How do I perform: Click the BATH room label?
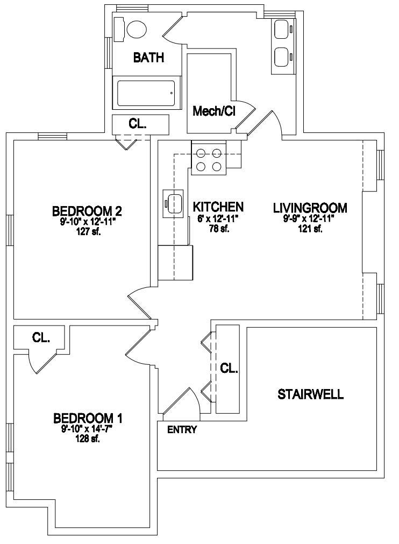coord(148,58)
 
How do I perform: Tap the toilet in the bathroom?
coord(131,29)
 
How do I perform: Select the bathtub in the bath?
coord(146,94)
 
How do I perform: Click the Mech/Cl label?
coord(214,111)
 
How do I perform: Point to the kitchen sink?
coord(173,203)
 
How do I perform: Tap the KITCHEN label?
coord(218,207)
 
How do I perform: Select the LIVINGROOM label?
coord(310,208)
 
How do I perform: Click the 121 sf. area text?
coord(310,229)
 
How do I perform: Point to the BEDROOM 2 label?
coord(87,211)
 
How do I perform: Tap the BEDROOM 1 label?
coord(88,419)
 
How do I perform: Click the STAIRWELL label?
coord(311,394)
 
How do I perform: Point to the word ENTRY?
coord(182,430)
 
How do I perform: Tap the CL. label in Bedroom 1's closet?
coord(41,337)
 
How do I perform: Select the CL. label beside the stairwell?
coord(229,368)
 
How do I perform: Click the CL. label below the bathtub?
coord(138,124)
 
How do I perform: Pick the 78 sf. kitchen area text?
coord(219,229)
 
